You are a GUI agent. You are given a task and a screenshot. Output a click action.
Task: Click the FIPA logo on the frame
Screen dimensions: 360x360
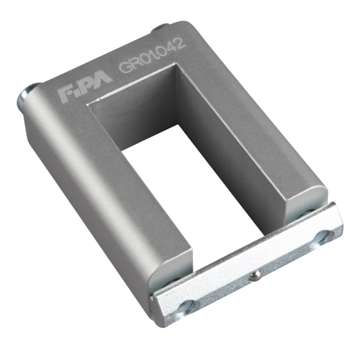[85, 87]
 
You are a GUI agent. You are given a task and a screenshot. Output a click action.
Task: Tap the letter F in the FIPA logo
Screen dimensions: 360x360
[65, 95]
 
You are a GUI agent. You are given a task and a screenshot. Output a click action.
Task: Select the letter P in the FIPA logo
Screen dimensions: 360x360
[88, 85]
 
